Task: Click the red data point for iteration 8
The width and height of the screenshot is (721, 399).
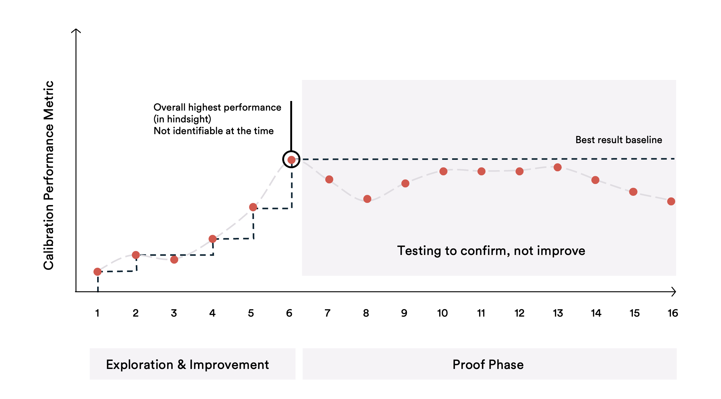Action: pos(367,199)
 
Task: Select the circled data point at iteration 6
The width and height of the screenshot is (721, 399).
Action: pos(291,160)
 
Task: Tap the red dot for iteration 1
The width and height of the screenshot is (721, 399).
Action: pos(97,272)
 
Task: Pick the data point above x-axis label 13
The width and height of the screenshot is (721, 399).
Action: pos(558,168)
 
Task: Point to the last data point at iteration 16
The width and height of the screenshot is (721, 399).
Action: pos(671,202)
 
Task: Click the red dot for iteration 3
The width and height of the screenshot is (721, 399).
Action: pos(174,260)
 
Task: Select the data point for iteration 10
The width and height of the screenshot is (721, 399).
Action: pos(443,171)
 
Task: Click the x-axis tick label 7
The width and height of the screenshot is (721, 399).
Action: pos(328,313)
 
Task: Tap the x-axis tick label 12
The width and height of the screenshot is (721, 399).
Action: pos(520,313)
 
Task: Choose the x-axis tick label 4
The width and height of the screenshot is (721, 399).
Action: pos(212,313)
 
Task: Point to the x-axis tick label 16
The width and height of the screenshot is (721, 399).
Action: pos(673,313)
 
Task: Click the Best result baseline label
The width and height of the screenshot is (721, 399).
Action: pos(619,140)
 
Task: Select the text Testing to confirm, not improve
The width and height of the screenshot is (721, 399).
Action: pos(491,251)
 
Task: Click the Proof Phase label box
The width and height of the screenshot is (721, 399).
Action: pos(489,364)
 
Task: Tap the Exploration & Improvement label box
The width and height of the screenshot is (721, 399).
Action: pos(192,364)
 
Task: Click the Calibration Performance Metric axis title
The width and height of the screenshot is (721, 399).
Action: pos(49,175)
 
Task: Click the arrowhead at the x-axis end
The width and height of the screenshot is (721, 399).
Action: pos(674,292)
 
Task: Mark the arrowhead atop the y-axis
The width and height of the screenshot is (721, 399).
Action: pos(76,31)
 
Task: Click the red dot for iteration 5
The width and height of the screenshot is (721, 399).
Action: pos(253,207)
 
